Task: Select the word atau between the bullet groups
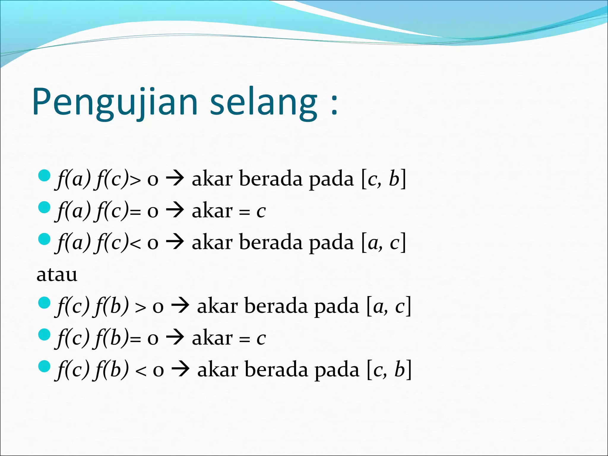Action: (57, 275)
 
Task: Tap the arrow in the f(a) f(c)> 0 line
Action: (175, 179)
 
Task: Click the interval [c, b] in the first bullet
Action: (383, 179)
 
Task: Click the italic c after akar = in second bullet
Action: (261, 211)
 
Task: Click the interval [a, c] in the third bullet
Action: (383, 243)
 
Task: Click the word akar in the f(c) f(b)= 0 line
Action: (212, 338)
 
